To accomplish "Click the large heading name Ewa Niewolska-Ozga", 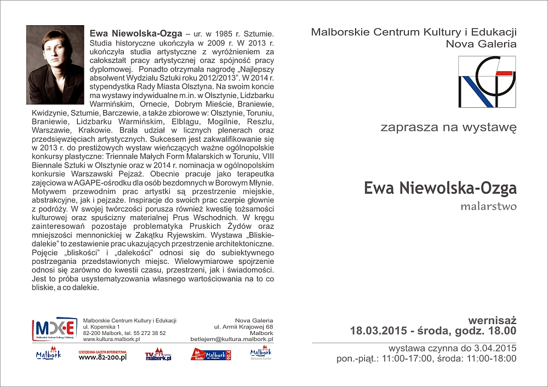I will pos(440,188).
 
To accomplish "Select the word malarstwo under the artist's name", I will pos(488,207).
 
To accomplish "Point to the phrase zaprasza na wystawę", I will pos(448,128).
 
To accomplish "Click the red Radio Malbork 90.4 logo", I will pos(211,355).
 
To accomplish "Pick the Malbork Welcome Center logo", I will pos(261,354).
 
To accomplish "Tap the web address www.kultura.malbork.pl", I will pos(111,339).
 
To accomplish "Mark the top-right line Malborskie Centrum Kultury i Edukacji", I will pos(414,32).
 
